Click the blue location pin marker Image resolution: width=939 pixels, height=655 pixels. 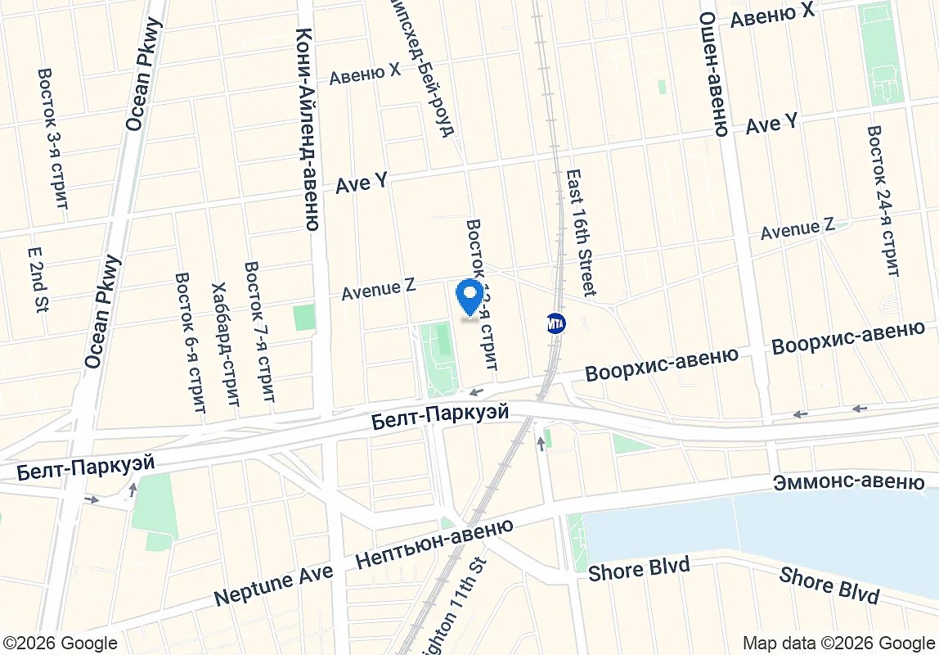click(x=469, y=296)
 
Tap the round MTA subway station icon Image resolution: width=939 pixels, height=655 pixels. click(x=556, y=323)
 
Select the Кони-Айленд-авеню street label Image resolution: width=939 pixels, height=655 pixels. click(x=307, y=129)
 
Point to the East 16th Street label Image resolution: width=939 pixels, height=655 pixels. click(x=579, y=233)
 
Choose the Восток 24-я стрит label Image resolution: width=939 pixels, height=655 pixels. click(x=883, y=201)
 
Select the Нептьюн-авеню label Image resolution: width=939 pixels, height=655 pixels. click(x=434, y=544)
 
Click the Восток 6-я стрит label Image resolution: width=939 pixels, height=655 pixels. click(x=189, y=342)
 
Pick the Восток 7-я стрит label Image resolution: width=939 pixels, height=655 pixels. click(x=259, y=332)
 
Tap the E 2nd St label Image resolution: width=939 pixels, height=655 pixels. click(x=38, y=281)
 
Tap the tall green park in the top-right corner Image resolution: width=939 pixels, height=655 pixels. click(x=883, y=53)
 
